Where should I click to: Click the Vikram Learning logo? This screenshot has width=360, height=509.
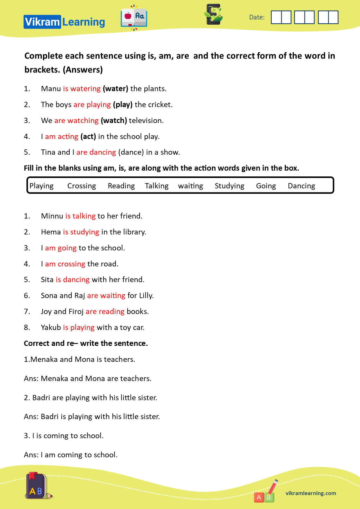[x=64, y=22]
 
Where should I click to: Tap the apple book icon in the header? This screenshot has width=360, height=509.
[x=134, y=18]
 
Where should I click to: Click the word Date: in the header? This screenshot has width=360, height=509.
[x=257, y=17]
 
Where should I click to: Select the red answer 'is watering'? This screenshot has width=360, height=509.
[x=82, y=89]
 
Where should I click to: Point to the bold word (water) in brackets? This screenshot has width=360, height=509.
[x=115, y=89]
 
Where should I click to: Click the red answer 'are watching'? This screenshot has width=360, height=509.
[x=76, y=121]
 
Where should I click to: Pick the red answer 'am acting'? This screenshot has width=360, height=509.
[x=62, y=137]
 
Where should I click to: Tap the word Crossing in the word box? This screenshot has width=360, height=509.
[x=82, y=186]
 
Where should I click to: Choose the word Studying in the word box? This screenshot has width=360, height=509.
[x=229, y=186]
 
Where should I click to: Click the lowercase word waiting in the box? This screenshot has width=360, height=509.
[x=190, y=186]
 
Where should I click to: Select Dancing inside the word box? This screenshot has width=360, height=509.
[x=301, y=186]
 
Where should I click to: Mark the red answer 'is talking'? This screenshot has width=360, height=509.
[x=80, y=216]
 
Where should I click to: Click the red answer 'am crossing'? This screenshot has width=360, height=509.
[x=65, y=264]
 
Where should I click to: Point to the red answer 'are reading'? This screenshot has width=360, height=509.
[x=105, y=312]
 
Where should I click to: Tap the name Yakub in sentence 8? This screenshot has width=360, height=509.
[x=51, y=328]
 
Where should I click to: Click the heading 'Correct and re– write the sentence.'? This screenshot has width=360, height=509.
[x=86, y=344]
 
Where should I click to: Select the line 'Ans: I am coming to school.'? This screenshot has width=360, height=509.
[x=71, y=455]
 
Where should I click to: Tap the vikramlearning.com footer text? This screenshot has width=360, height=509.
[x=311, y=493]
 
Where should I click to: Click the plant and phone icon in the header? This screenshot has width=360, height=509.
[x=214, y=15]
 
